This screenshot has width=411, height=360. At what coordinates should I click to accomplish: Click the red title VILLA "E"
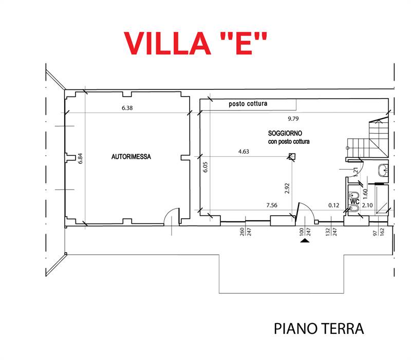point(196,43)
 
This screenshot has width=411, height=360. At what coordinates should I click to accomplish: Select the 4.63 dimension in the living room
point(244,151)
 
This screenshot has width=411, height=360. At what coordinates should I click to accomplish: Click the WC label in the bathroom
point(354,202)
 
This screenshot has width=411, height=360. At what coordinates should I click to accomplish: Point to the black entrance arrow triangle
point(306,240)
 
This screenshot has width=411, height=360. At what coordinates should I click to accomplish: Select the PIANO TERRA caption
point(319,329)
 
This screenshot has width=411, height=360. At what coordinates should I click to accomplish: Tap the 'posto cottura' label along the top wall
point(248,104)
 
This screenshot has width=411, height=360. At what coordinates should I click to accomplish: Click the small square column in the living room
point(292,158)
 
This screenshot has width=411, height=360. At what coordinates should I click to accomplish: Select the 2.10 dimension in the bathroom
point(367,205)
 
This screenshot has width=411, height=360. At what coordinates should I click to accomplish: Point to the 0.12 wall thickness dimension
point(334,205)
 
